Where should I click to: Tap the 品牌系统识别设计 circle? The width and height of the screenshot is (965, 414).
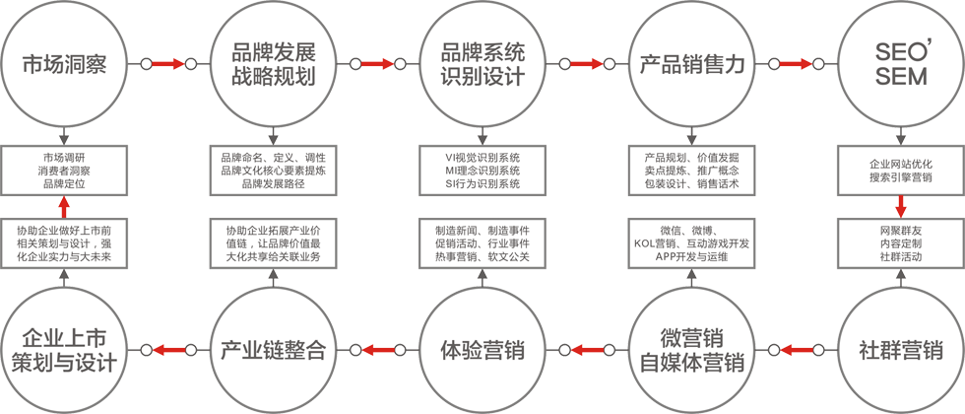(482, 65)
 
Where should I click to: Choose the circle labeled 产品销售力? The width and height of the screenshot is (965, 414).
(691, 65)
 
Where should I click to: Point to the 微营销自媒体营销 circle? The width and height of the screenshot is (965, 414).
(691, 350)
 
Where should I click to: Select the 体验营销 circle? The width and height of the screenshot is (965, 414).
(482, 350)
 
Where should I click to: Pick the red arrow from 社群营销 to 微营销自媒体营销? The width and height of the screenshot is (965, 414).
(796, 349)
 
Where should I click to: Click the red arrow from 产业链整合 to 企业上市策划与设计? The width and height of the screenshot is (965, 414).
(168, 349)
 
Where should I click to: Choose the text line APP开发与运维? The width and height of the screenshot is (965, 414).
(692, 256)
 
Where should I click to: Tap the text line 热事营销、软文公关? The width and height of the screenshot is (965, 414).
(482, 256)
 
